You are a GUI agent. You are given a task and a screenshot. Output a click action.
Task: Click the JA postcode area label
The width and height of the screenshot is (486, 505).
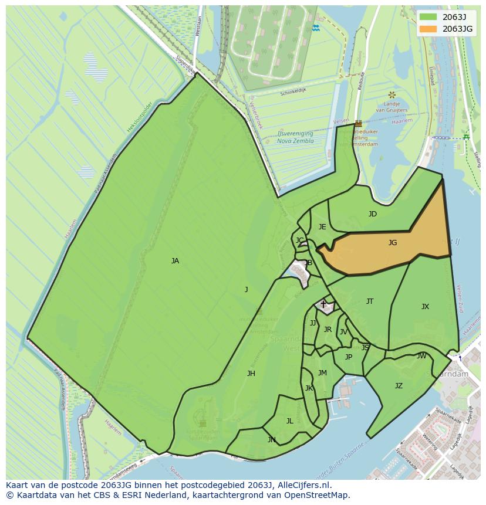pyautogui.click(x=175, y=261)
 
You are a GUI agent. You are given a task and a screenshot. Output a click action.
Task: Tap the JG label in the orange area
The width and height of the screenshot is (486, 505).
pyautogui.click(x=393, y=242)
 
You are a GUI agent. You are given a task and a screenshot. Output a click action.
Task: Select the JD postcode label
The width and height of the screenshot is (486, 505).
pyautogui.click(x=373, y=214)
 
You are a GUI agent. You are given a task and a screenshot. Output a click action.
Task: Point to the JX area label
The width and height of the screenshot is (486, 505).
pyautogui.click(x=425, y=307)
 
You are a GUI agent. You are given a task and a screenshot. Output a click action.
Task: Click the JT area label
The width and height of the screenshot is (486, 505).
pyautogui.click(x=370, y=301)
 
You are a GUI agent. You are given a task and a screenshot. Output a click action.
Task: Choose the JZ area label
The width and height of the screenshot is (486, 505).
pyautogui.click(x=399, y=386)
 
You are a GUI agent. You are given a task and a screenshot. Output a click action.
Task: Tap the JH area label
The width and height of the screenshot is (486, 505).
pyautogui.click(x=251, y=374)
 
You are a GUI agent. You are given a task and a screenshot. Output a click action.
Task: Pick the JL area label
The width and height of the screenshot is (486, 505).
pyautogui.click(x=289, y=421)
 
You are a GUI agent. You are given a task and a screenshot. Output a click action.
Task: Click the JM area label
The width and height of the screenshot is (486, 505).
pyautogui.click(x=322, y=373)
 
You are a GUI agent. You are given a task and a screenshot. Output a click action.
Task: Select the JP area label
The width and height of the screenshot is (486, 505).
pyautogui.click(x=349, y=357)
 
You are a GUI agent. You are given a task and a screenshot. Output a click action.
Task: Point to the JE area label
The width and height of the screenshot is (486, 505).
pyautogui.click(x=322, y=227)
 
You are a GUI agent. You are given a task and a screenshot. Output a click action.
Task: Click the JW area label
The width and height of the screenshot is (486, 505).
pyautogui.click(x=421, y=356)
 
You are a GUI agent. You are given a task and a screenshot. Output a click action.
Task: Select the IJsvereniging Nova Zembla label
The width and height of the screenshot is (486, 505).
pyautogui.click(x=295, y=137)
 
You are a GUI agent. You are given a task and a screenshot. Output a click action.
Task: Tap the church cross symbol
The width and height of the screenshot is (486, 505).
pyautogui.click(x=323, y=304)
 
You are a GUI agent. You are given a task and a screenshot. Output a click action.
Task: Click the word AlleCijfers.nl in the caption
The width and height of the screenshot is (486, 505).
pyautogui.click(x=301, y=486)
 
